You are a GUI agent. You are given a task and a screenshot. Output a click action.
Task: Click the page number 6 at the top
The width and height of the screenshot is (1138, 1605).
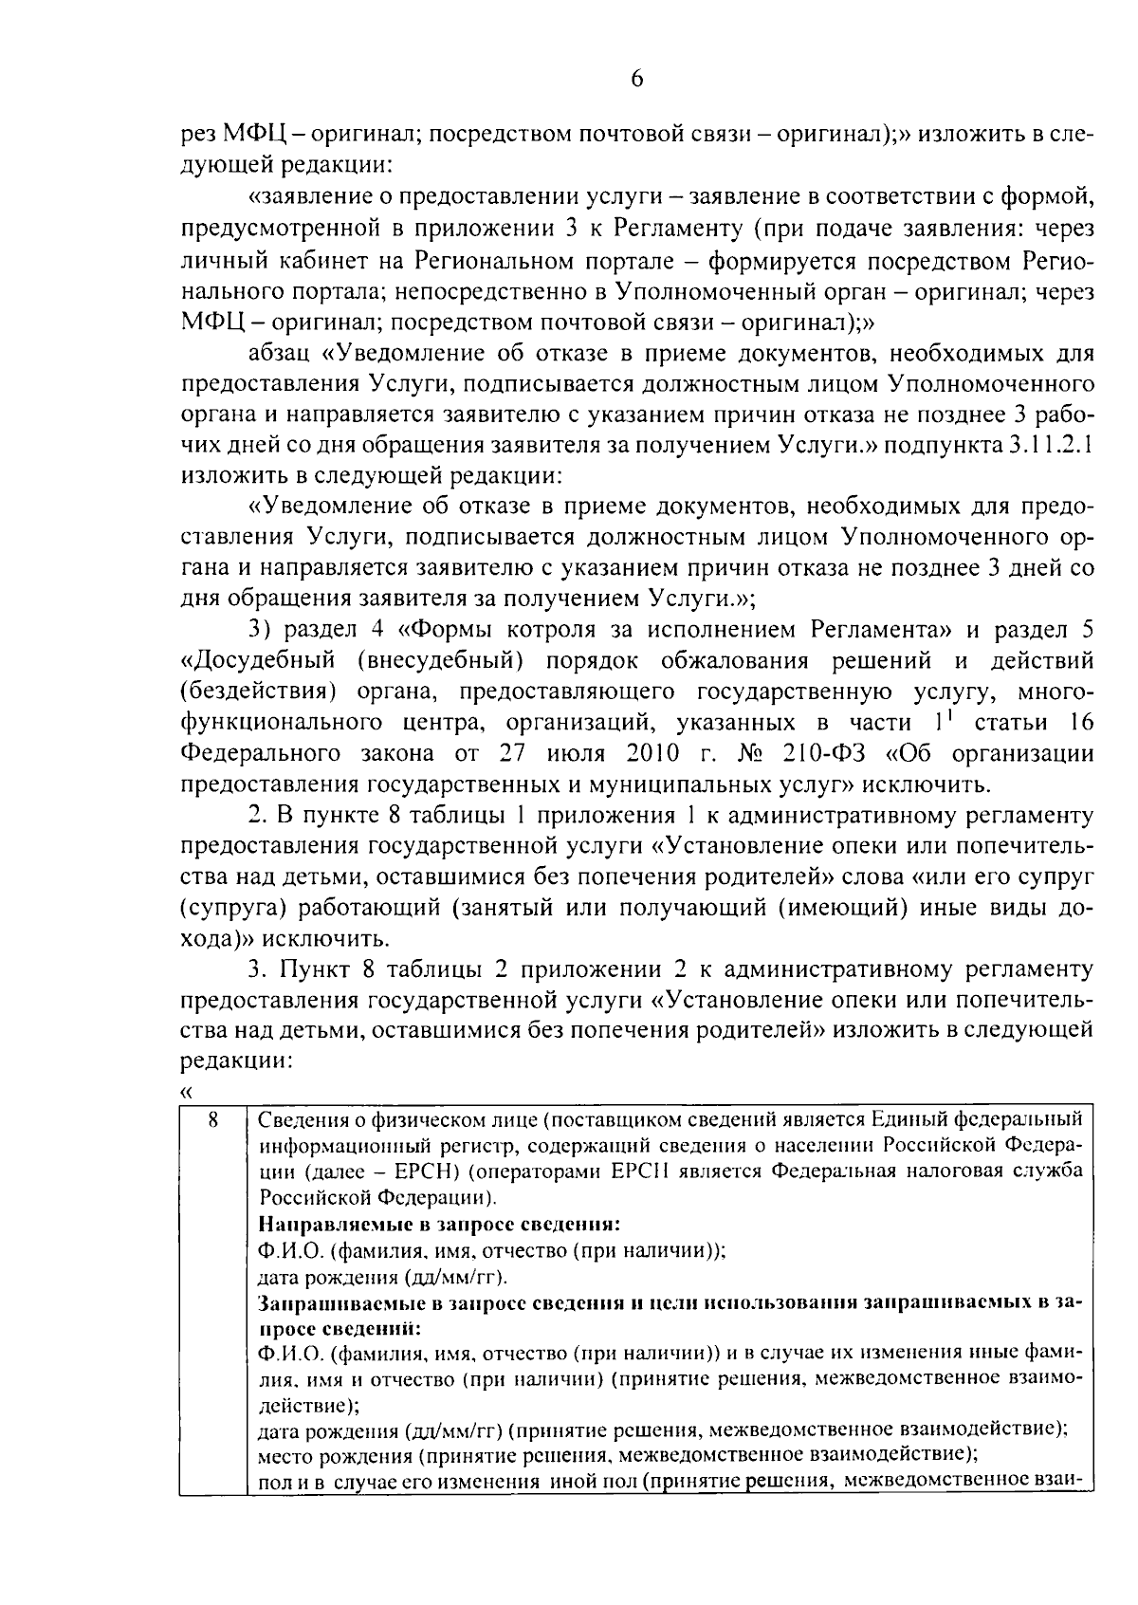tap(636, 79)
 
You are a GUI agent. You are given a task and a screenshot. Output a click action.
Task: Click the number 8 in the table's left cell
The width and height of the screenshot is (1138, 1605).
tap(214, 1120)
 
